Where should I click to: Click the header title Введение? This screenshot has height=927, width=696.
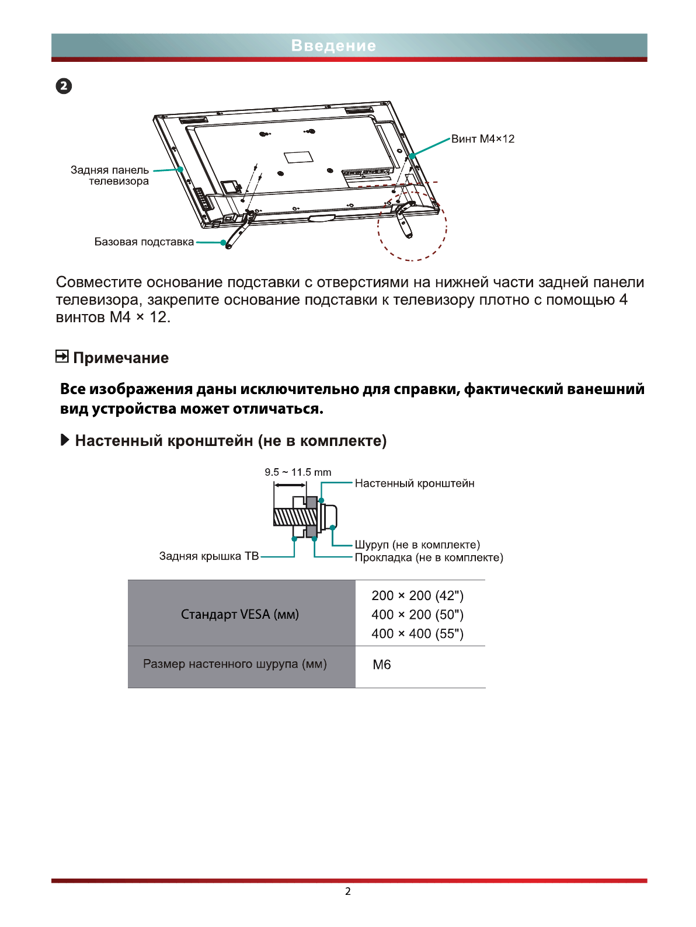pyautogui.click(x=333, y=46)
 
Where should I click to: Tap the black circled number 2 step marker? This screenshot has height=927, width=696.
pyautogui.click(x=64, y=86)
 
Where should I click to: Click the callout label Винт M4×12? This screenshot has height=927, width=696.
pyautogui.click(x=482, y=139)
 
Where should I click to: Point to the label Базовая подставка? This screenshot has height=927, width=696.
pyautogui.click(x=144, y=242)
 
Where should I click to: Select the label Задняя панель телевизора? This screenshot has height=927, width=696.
pyautogui.click(x=110, y=175)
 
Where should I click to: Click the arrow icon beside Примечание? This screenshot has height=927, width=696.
pyautogui.click(x=62, y=356)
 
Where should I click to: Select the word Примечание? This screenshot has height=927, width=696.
pyautogui.click(x=121, y=358)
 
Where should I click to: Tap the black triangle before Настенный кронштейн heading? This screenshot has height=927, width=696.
pyautogui.click(x=65, y=440)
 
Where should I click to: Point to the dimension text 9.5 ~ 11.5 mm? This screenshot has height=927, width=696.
pyautogui.click(x=298, y=472)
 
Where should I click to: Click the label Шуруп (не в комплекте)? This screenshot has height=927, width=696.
pyautogui.click(x=417, y=545)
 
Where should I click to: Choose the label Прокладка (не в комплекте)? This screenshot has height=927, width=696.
pyautogui.click(x=429, y=557)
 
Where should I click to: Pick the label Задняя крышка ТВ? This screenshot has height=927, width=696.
pyautogui.click(x=208, y=556)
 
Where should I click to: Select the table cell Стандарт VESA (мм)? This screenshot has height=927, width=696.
pyautogui.click(x=240, y=614)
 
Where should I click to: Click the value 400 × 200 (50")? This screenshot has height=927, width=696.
pyautogui.click(x=417, y=615)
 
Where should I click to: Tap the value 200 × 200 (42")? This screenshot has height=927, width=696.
pyautogui.click(x=417, y=595)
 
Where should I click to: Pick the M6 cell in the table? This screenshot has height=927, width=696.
pyautogui.click(x=382, y=665)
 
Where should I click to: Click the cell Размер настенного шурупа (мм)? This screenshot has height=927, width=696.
pyautogui.click(x=235, y=664)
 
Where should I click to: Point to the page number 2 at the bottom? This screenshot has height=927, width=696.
pyautogui.click(x=348, y=891)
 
